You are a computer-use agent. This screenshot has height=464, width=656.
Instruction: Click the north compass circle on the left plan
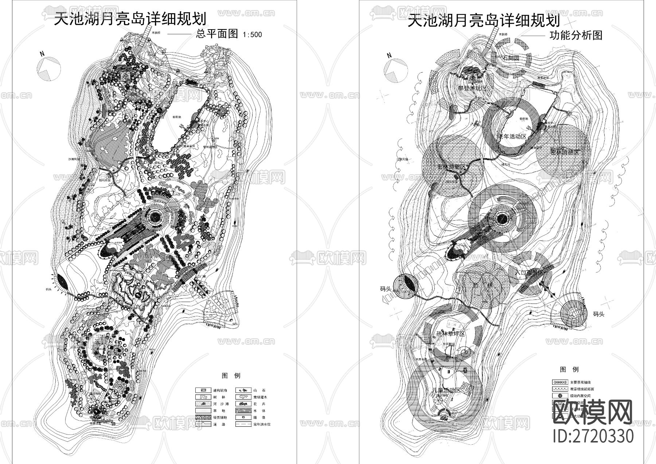[x=49, y=69]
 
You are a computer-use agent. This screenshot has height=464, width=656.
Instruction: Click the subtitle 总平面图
[x=217, y=34]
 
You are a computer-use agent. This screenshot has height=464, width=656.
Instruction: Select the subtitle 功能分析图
[x=576, y=35]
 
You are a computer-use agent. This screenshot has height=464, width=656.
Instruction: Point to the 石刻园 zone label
[x=511, y=58]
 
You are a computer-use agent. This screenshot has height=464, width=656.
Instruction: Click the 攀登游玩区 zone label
[x=472, y=88]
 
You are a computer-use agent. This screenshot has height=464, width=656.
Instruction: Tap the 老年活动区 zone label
[x=512, y=136]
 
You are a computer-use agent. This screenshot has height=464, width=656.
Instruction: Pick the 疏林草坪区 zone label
[x=451, y=334]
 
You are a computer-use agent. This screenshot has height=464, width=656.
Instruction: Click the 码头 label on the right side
[x=598, y=314]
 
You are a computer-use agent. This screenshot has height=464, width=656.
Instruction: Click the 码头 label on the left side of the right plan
[x=386, y=289]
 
